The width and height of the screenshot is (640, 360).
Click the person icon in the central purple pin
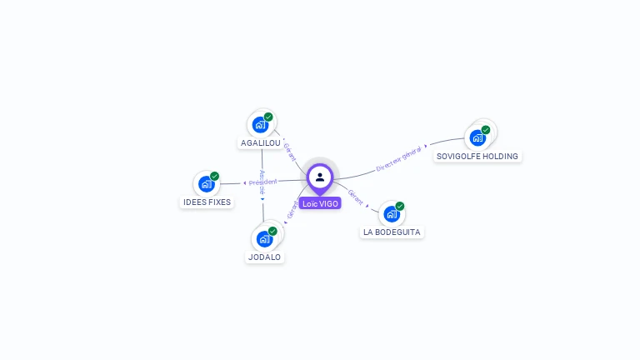click(320, 177)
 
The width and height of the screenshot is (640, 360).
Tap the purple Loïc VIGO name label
click(320, 203)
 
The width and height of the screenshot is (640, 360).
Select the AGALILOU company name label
click(261, 142)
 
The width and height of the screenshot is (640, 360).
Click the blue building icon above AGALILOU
click(260, 125)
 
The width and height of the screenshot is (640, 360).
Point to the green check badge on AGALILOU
click(268, 117)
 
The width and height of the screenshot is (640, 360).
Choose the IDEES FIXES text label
click(207, 202)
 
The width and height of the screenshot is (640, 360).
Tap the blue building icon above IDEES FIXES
click(206, 184)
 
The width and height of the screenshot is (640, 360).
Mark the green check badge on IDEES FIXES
click(214, 177)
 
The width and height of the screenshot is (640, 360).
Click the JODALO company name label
click(264, 257)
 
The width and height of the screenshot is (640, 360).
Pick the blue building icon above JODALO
click(264, 239)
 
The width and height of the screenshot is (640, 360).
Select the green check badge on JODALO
click(272, 231)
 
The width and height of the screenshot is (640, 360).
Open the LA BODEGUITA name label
click(392, 232)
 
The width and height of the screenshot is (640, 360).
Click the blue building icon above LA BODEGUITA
click(392, 214)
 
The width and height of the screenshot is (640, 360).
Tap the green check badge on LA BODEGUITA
click(400, 206)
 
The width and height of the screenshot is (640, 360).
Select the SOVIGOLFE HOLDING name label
click(477, 156)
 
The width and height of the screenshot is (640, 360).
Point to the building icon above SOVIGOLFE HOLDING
click(477, 137)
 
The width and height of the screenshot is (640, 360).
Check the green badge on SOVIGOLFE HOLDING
click(486, 130)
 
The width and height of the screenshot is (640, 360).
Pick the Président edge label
click(262, 182)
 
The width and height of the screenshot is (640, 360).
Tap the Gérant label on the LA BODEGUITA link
click(356, 196)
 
